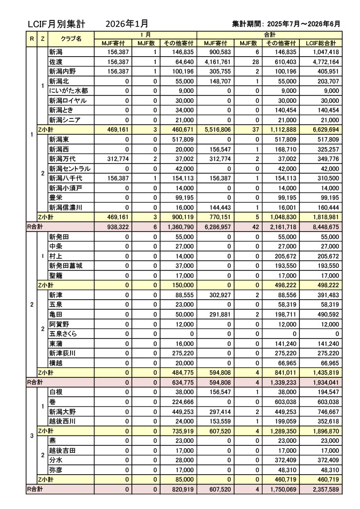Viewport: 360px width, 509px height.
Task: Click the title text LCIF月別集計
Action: (56, 23)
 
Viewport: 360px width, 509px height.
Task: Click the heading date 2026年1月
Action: (127, 23)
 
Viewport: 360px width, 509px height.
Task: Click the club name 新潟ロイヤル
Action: (68, 100)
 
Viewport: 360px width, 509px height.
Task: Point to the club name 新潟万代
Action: (62, 159)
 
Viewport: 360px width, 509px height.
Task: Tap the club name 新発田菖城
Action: (65, 265)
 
